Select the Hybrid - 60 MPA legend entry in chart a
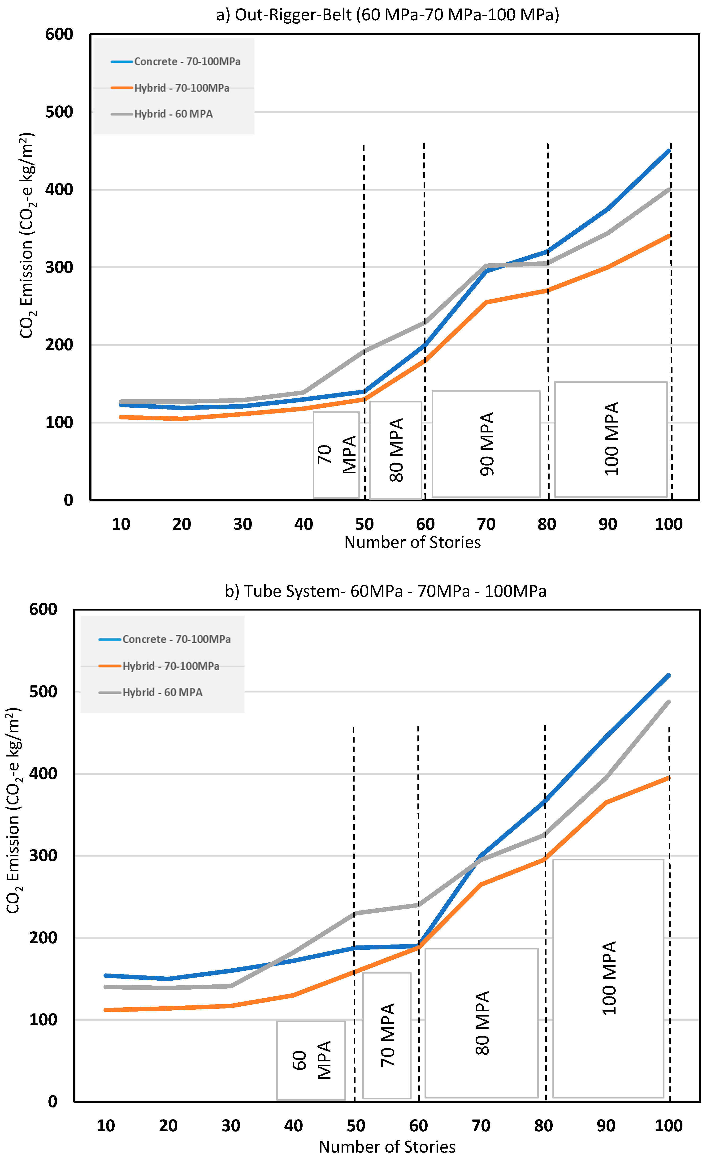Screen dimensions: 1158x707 [173, 114]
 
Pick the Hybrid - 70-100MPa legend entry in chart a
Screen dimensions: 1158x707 [182, 88]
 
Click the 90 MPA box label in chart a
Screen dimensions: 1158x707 [487, 444]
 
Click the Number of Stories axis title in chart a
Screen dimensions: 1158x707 [412, 542]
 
